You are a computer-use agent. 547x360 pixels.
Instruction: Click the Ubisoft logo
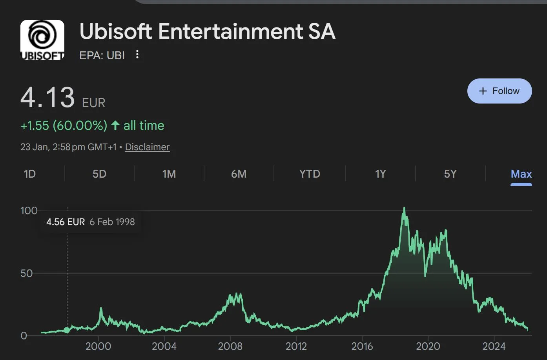42,40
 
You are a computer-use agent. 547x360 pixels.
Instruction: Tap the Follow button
499,91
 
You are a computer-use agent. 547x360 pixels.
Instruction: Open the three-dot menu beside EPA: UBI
137,55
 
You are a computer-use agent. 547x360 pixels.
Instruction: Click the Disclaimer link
147,147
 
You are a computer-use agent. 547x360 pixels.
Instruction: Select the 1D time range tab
30,174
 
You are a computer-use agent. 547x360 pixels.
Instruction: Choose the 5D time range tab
99,174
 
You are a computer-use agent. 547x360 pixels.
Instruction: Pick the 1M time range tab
169,174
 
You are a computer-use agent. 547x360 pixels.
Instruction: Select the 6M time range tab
239,174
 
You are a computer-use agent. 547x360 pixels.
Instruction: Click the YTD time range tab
310,174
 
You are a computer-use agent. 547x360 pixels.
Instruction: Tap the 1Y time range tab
380,174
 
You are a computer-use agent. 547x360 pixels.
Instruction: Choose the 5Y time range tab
450,174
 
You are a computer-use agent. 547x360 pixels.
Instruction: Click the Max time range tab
521,174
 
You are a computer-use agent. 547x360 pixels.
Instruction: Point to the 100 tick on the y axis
29,211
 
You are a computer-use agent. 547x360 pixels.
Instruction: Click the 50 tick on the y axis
26,273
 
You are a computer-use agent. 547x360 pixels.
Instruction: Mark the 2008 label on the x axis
230,346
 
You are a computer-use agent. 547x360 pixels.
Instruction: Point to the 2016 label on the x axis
362,346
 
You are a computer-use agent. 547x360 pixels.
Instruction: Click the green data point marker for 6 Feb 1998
67,330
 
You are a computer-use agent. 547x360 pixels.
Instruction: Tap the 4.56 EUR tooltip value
66,222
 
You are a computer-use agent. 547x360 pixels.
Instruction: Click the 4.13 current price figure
47,98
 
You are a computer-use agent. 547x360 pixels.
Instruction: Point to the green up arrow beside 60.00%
115,125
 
